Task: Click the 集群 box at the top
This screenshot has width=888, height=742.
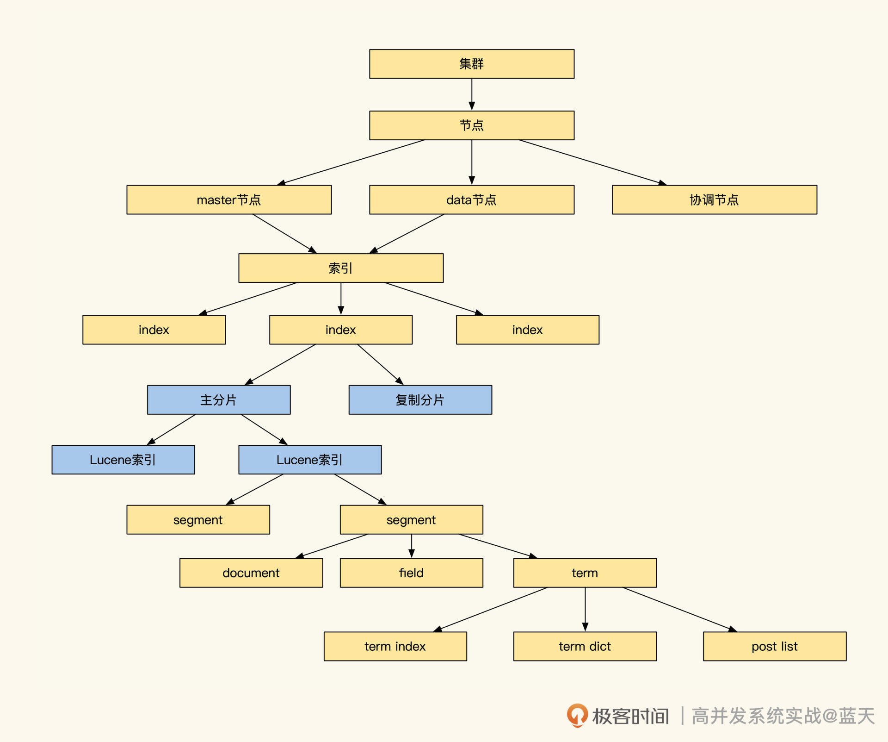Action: coord(471,64)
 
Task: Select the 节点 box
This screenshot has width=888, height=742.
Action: coord(471,125)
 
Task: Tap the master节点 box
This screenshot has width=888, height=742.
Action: coord(229,200)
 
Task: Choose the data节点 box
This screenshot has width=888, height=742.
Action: coord(471,200)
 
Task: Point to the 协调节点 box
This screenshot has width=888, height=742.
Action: coord(714,200)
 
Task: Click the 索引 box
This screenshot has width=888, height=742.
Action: coord(341,268)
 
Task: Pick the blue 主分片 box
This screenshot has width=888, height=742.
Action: coord(219,400)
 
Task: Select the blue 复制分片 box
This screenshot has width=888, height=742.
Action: coord(420,400)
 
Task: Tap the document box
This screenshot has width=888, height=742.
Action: coord(251,573)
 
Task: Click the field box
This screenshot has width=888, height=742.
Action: coord(411,573)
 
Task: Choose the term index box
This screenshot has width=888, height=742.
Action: coord(395,646)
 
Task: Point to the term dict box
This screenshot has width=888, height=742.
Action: coord(585,646)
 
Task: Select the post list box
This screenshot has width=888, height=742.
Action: coord(775,646)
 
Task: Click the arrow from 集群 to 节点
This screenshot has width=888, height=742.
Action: coord(472,94)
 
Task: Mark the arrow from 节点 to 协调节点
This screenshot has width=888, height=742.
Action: coord(592,162)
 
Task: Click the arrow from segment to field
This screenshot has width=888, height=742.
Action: coord(412,546)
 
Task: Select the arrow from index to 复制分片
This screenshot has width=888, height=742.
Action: coord(380,364)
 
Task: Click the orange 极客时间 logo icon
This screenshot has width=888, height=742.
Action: coord(577,715)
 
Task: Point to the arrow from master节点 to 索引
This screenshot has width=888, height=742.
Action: coord(284,234)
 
